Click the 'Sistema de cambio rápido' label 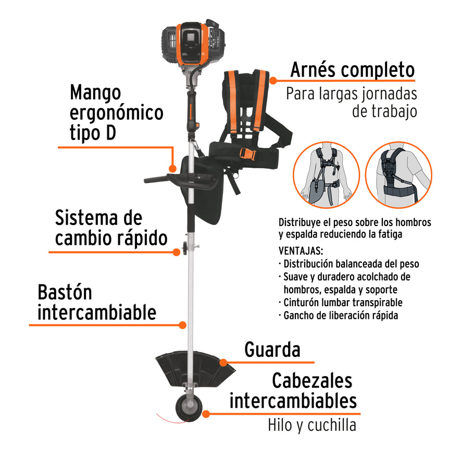(111, 228)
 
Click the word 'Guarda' (272, 350)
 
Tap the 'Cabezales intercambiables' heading (293, 391)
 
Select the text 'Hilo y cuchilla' (312, 425)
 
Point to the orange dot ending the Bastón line (182, 325)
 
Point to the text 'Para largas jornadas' (351, 94)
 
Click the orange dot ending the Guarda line (223, 362)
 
